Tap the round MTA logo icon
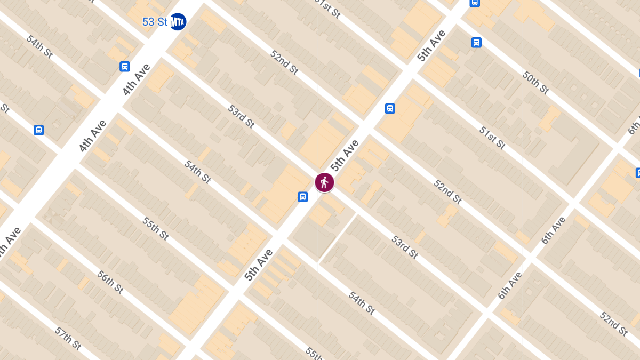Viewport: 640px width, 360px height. pyautogui.click(x=178, y=22)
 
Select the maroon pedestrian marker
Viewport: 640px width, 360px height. pyautogui.click(x=324, y=182)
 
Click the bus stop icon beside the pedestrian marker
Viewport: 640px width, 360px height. pyautogui.click(x=302, y=197)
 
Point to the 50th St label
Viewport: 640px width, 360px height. pyautogui.click(x=535, y=82)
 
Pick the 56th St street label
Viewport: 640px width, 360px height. pyautogui.click(x=110, y=281)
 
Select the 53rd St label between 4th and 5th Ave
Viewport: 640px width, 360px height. pyautogui.click(x=241, y=116)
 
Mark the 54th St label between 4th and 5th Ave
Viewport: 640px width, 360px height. pyautogui.click(x=197, y=171)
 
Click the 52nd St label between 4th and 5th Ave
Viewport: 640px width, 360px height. pyautogui.click(x=284, y=62)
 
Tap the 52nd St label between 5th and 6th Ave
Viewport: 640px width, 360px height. pyautogui.click(x=447, y=192)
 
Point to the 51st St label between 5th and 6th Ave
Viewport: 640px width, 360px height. pyautogui.click(x=492, y=137)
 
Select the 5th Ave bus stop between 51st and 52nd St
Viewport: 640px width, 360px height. pyautogui.click(x=390, y=109)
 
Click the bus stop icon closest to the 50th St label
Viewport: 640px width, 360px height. pyautogui.click(x=476, y=43)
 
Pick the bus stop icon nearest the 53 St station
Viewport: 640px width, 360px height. pyautogui.click(x=125, y=67)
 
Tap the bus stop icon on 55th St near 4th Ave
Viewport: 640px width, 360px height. pyautogui.click(x=38, y=130)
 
